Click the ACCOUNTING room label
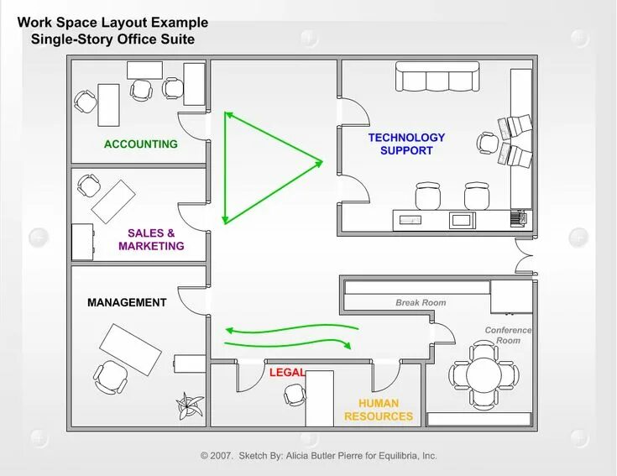click(141, 144)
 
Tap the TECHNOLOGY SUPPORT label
click(406, 144)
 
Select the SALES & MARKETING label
click(151, 239)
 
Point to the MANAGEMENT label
click(127, 302)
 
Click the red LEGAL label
click(287, 372)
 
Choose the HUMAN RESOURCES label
click(379, 410)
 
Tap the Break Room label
click(421, 302)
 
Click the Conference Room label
click(509, 335)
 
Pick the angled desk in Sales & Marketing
click(113, 201)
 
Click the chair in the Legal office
click(295, 394)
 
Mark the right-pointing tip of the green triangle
click(321, 161)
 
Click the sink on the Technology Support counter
click(410, 219)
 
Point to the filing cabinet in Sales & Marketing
click(82, 242)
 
